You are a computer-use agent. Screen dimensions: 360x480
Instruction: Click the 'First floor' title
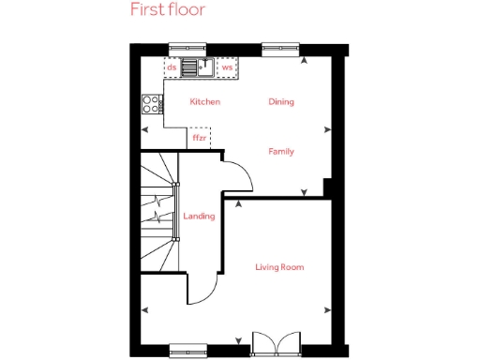[x=168, y=11]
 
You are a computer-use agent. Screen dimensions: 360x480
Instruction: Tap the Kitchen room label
[x=204, y=101]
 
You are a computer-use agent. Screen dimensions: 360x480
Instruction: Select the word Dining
[x=281, y=101]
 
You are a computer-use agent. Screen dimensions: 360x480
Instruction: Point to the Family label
[x=281, y=151]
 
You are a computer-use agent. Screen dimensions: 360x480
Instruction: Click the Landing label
[x=199, y=217]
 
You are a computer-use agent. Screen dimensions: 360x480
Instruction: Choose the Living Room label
[x=279, y=267]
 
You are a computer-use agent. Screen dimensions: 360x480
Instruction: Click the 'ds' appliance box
[x=172, y=67]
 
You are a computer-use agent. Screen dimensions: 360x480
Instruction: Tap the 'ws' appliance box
[x=227, y=67]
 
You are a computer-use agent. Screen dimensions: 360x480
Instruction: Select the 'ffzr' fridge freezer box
[x=200, y=138]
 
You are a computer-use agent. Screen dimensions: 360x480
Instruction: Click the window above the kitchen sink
[x=187, y=47]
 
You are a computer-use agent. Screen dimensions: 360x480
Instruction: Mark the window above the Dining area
[x=280, y=47]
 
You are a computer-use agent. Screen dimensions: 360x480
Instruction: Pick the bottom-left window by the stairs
[x=187, y=352]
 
